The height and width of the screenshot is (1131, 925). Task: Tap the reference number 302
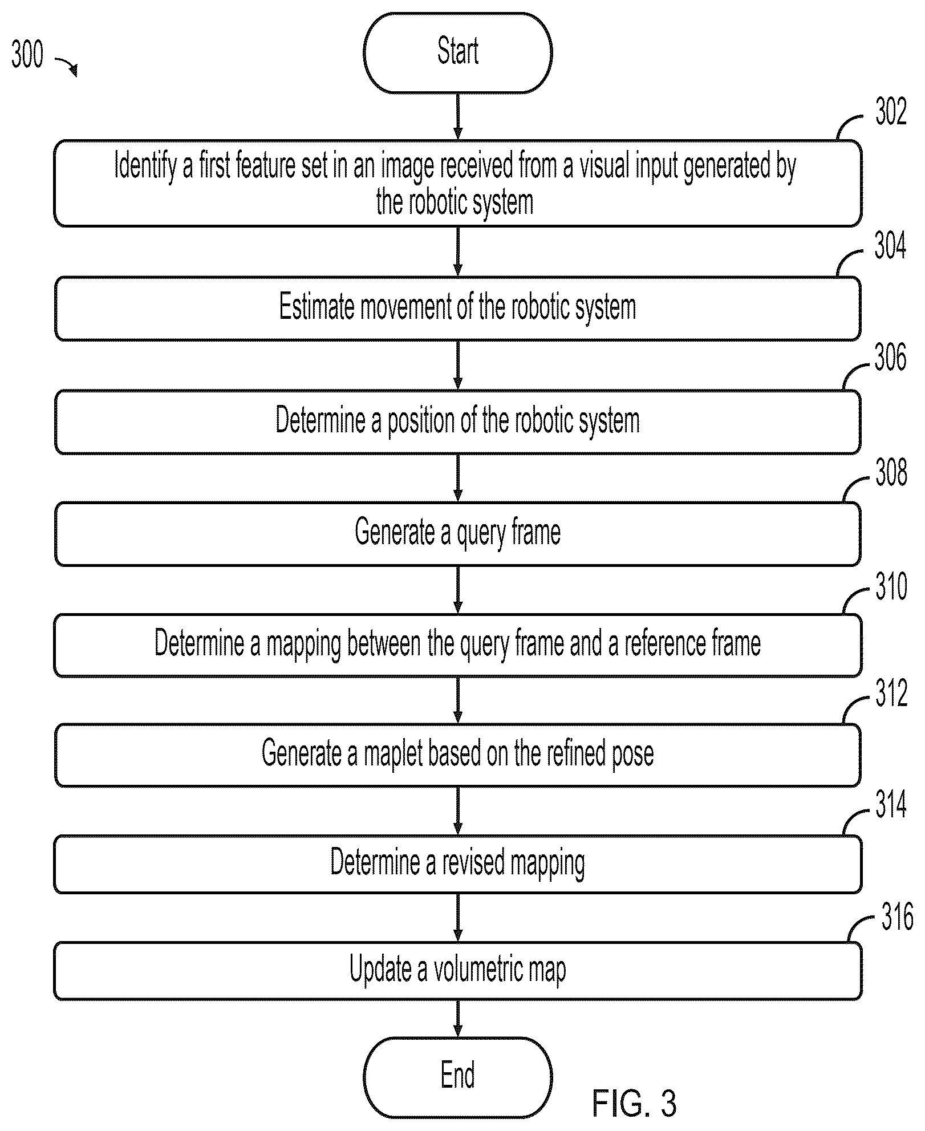point(890,112)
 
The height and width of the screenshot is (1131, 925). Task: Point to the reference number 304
point(890,246)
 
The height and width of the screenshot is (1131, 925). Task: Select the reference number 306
point(890,358)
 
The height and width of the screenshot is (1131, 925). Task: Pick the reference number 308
point(891,472)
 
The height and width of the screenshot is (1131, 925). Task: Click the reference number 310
point(891,586)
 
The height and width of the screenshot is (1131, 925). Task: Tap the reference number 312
point(891,694)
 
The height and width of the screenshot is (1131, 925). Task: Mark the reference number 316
point(897,918)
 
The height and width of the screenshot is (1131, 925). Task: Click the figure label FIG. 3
point(634,1102)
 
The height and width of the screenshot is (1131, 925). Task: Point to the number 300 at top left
point(27,55)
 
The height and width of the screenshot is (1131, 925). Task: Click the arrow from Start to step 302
point(457,116)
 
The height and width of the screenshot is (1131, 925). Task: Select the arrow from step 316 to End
point(457,1019)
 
